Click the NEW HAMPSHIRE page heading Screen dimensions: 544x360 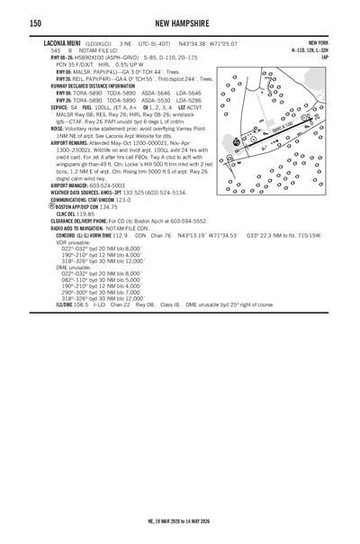(179, 23)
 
